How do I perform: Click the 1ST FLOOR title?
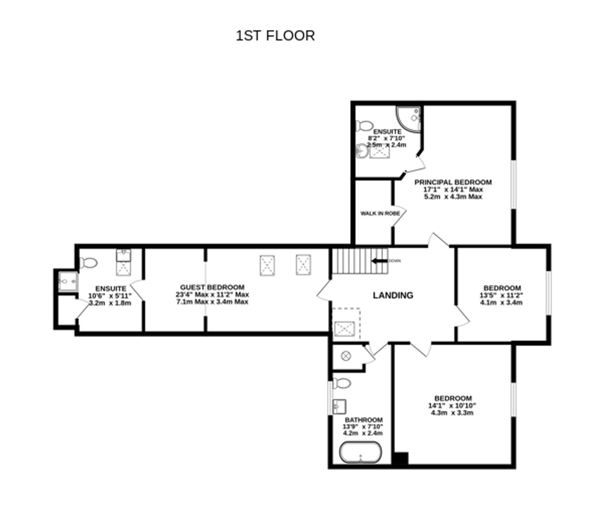pyautogui.click(x=275, y=36)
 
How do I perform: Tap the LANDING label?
pyautogui.click(x=393, y=295)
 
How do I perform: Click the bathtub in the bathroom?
pyautogui.click(x=360, y=452)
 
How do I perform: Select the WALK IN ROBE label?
pyautogui.click(x=380, y=213)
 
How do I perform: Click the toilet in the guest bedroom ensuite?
pyautogui.click(x=88, y=263)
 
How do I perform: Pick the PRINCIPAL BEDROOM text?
pyautogui.click(x=453, y=182)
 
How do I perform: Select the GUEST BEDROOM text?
pyautogui.click(x=212, y=287)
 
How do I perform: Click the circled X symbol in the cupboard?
pyautogui.click(x=346, y=356)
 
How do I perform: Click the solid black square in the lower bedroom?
pyautogui.click(x=400, y=458)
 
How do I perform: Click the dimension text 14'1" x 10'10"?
pyautogui.click(x=452, y=406)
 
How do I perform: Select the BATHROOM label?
pyautogui.click(x=364, y=420)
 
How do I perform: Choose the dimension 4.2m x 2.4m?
pyautogui.click(x=363, y=433)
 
